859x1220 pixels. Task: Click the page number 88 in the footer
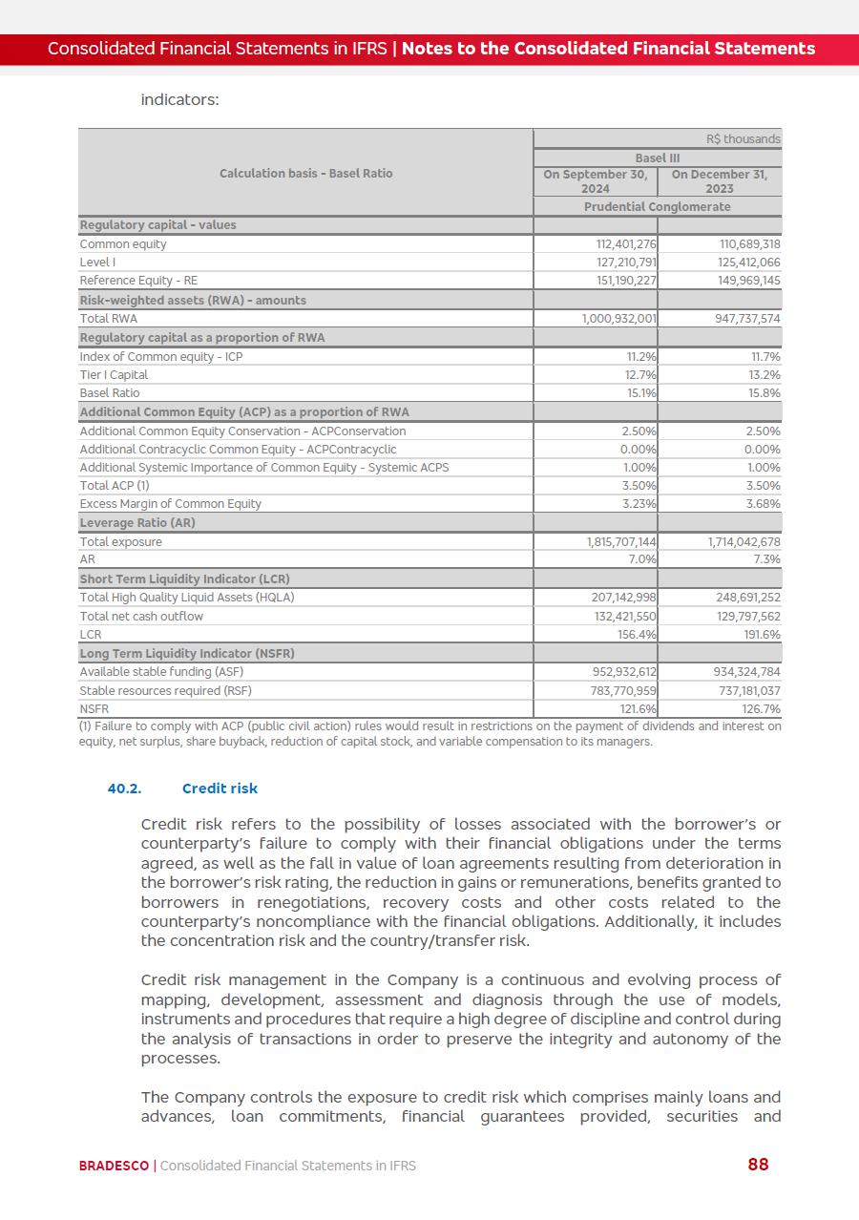[x=758, y=1165]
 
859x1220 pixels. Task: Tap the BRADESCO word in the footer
[x=114, y=1166]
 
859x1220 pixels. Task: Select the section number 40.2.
[x=124, y=789]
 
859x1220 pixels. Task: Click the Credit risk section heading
[x=220, y=789]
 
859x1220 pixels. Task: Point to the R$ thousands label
[x=743, y=139]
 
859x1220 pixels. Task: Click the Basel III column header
[x=657, y=158]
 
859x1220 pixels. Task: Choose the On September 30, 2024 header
[x=596, y=181]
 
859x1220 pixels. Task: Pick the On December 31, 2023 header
[x=720, y=181]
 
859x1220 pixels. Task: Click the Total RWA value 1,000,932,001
[x=618, y=319]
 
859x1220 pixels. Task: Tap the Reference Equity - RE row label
[x=138, y=281]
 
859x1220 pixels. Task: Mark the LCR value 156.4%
[x=635, y=635]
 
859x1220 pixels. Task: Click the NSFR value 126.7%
[x=760, y=709]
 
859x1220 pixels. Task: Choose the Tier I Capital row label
[x=114, y=375]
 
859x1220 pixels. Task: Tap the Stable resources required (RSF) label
[x=165, y=691]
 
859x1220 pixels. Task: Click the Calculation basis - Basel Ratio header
[x=305, y=173]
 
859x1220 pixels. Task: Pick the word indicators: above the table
[x=179, y=99]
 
